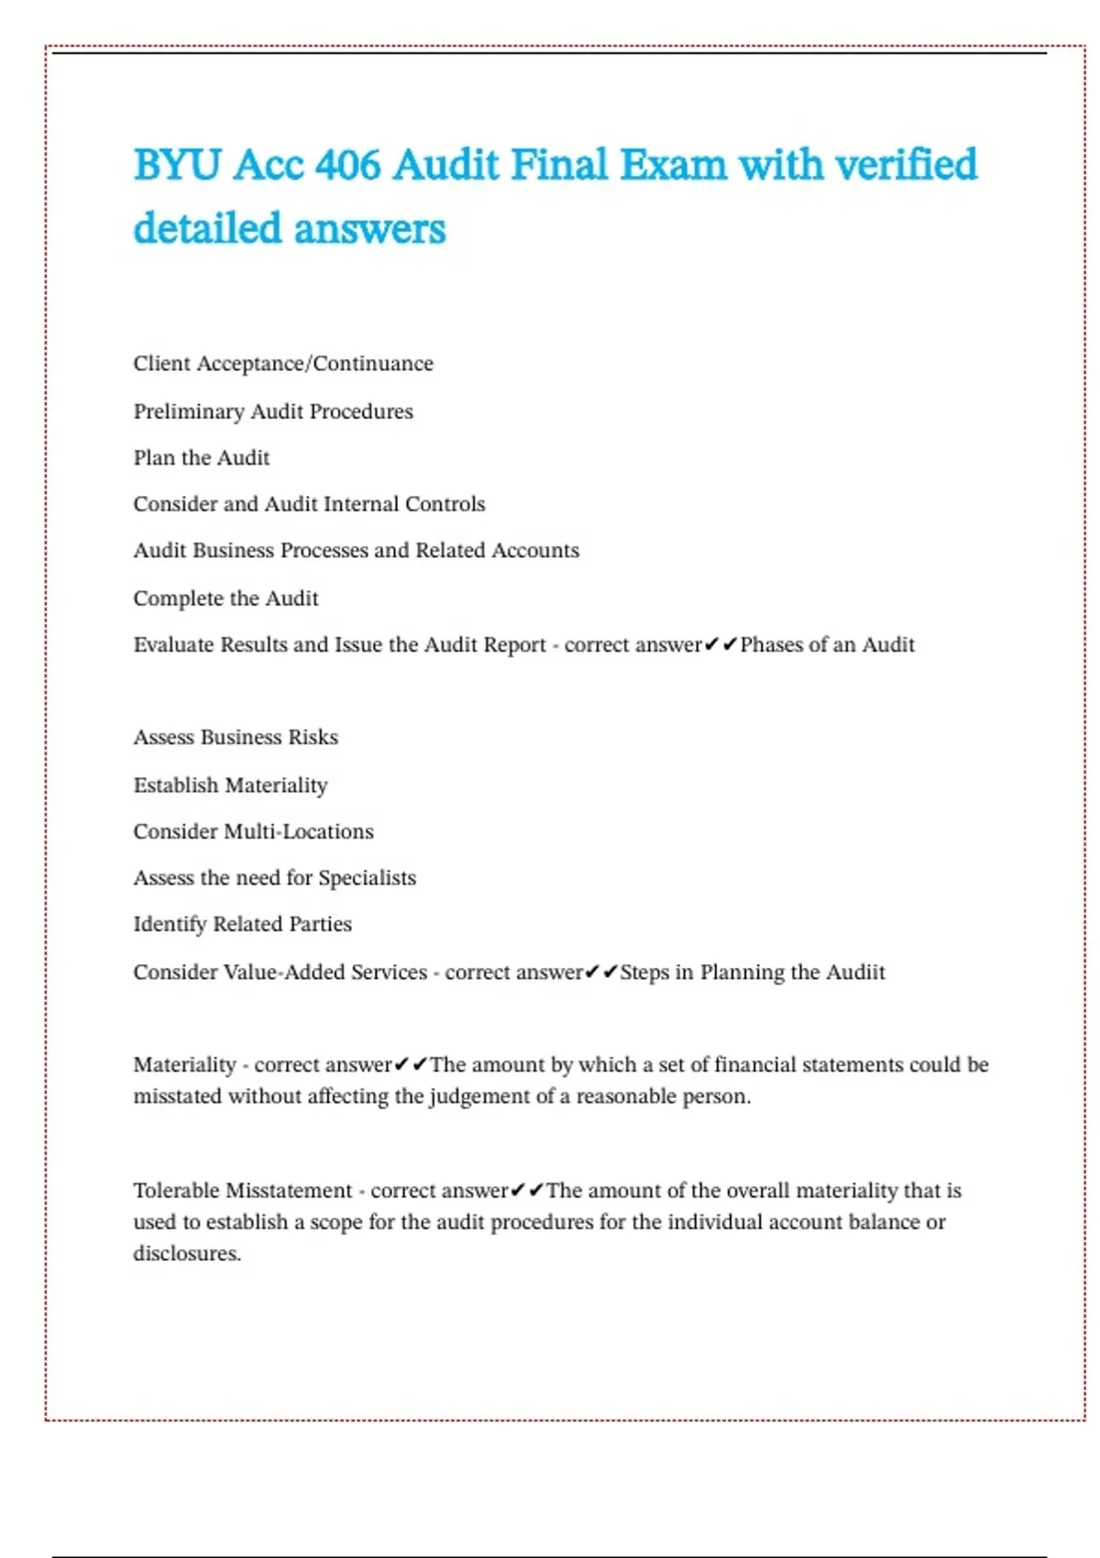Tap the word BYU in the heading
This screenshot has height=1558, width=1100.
click(x=177, y=165)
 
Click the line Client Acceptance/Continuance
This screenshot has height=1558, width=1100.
click(x=283, y=364)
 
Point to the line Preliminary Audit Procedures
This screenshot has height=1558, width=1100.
click(x=273, y=411)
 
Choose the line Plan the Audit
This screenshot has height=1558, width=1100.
click(x=202, y=457)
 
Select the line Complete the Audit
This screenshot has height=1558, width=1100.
click(x=225, y=598)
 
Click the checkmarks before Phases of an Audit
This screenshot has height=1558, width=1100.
click(x=720, y=644)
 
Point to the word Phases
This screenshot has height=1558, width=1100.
click(x=773, y=644)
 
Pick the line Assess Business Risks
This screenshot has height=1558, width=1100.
click(x=236, y=737)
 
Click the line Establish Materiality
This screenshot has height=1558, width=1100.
click(x=230, y=785)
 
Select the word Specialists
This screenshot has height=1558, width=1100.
click(x=367, y=878)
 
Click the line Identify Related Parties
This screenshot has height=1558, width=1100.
click(x=242, y=924)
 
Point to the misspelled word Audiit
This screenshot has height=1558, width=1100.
click(x=855, y=971)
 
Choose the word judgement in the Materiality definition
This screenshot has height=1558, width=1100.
click(x=489, y=1096)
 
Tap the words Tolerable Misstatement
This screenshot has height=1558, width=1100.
click(x=242, y=1190)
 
